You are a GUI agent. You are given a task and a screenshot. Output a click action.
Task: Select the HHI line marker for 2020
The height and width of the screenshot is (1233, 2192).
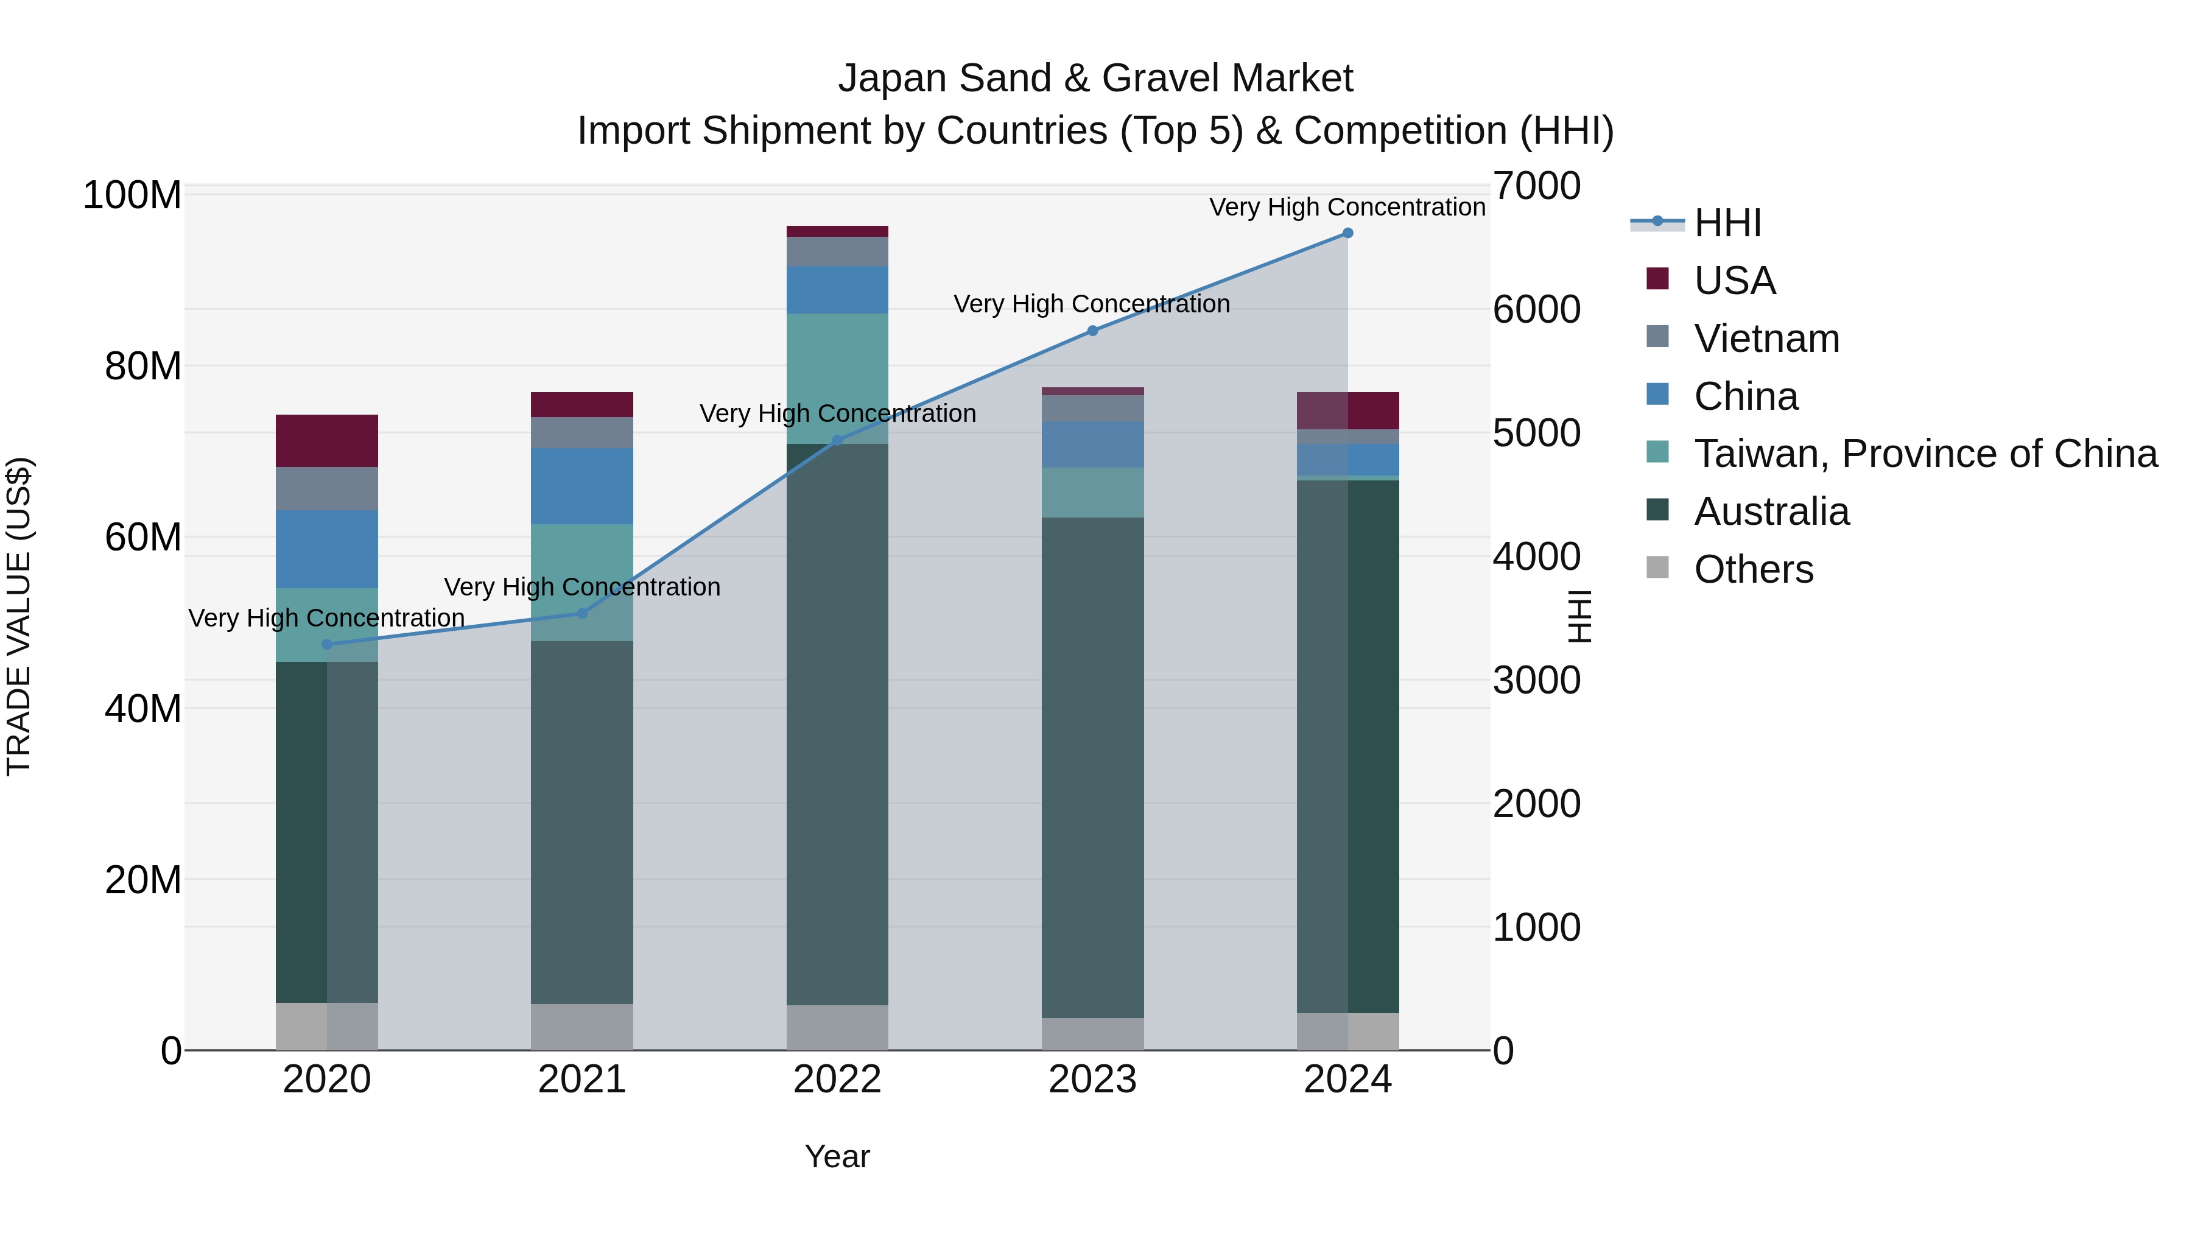(327, 644)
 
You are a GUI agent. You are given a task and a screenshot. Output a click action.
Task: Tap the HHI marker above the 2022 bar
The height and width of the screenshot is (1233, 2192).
(837, 440)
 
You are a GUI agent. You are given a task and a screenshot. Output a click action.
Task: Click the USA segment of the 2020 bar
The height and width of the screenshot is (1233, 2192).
(327, 441)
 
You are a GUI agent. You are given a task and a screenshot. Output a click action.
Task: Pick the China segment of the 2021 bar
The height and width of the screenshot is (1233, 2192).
(582, 486)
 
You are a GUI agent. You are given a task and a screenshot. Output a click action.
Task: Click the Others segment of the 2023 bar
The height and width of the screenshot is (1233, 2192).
(1092, 1033)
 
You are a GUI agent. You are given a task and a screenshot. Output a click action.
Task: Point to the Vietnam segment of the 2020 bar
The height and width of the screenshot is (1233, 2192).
(327, 488)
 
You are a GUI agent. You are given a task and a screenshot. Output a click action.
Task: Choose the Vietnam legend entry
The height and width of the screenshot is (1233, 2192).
(1766, 339)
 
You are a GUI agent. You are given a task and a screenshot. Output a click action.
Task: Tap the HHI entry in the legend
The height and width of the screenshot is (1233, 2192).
(1727, 223)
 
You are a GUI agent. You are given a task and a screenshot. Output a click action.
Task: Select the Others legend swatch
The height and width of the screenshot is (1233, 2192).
(1657, 567)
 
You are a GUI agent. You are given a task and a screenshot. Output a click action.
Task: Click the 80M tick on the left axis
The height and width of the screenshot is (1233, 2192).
(143, 367)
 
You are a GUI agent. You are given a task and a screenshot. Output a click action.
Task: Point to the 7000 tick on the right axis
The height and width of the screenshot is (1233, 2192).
(1537, 186)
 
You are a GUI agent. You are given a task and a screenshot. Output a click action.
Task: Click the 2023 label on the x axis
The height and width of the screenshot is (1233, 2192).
(1092, 1080)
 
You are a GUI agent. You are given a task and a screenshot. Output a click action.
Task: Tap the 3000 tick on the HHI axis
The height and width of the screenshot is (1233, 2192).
(1537, 681)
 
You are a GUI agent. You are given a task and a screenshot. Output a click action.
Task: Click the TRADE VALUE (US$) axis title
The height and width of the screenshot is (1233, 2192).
(19, 616)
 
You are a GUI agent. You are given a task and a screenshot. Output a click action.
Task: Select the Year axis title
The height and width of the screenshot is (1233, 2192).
(837, 1156)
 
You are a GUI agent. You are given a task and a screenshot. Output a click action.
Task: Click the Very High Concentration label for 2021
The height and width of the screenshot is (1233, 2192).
(582, 587)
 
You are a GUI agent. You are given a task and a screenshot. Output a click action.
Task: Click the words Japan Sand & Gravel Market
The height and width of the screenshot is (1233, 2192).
(1095, 79)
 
